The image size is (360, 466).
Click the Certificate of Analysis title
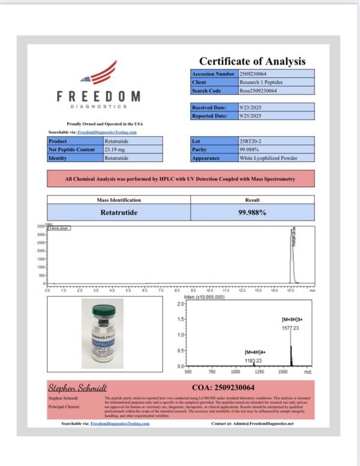(x=252, y=61)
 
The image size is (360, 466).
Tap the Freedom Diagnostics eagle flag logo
(x=102, y=73)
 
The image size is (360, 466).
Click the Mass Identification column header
(x=119, y=200)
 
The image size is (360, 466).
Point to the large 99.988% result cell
(x=252, y=212)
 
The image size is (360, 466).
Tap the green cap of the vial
(x=103, y=310)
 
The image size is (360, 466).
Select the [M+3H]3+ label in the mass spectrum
(x=294, y=320)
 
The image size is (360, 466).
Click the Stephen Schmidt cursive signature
(x=70, y=388)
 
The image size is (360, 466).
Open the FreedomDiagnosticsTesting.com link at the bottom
(x=119, y=423)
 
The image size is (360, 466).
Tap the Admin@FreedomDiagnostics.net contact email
(x=264, y=423)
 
